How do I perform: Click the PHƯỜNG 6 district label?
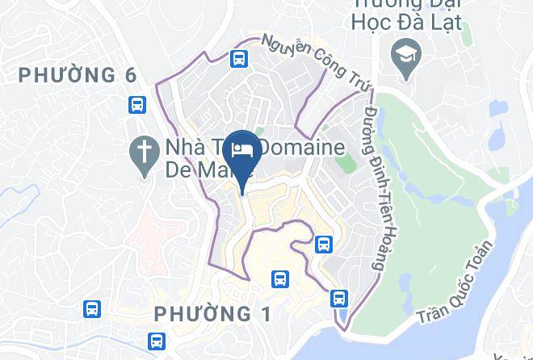point(78,76)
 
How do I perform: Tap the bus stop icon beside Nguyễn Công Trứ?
point(238,58)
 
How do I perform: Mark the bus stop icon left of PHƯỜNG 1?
point(92,308)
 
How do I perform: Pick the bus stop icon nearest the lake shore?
point(338,298)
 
